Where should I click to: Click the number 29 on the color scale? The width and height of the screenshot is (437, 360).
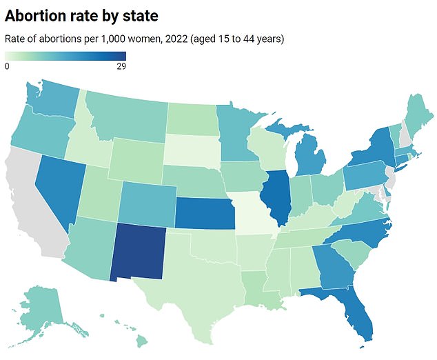point(121,67)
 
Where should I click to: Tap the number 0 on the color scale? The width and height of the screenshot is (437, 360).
point(7,67)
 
